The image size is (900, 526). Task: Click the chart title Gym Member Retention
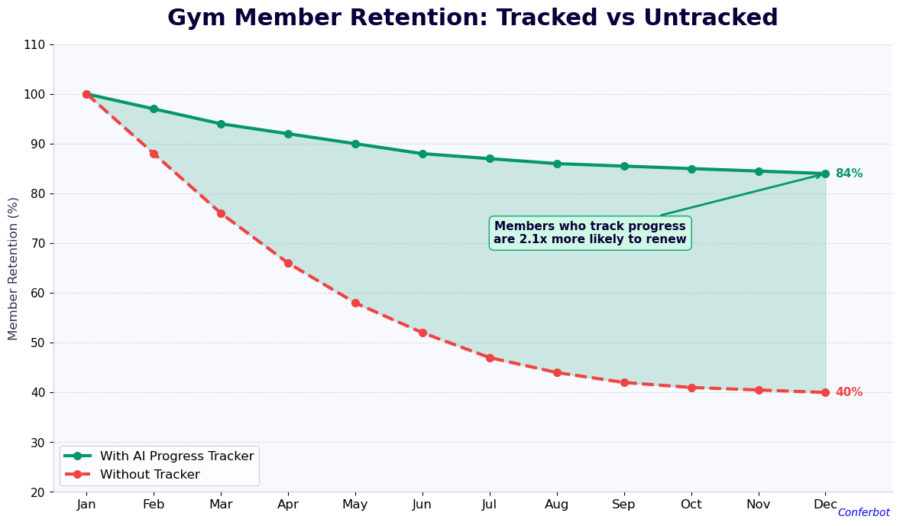(x=472, y=18)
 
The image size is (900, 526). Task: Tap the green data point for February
(x=154, y=109)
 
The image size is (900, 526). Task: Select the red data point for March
(x=221, y=213)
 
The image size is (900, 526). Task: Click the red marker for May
(x=355, y=303)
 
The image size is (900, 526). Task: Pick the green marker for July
(x=490, y=159)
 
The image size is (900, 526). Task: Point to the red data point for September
(x=624, y=382)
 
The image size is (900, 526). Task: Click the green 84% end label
(x=848, y=174)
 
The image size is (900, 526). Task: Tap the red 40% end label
(x=848, y=392)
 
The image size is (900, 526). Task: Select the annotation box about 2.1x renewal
(x=590, y=233)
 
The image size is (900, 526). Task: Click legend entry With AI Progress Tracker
(x=176, y=456)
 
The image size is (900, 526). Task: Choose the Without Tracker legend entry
(x=150, y=475)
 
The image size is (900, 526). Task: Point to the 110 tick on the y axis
(x=34, y=44)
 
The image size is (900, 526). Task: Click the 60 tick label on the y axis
(x=37, y=293)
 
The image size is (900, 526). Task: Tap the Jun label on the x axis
(x=422, y=505)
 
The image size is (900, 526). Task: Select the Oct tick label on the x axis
(x=691, y=505)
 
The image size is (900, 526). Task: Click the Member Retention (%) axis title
(x=14, y=268)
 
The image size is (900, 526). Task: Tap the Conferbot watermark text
(x=863, y=513)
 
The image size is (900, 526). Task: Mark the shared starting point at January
(x=86, y=94)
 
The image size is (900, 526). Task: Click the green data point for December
(x=825, y=174)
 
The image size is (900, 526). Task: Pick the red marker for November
(x=759, y=390)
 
